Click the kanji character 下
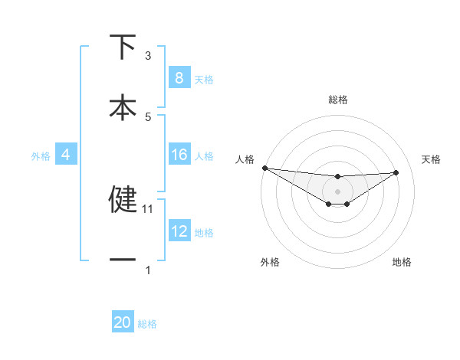pos(123,47)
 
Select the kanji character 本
pos(123,107)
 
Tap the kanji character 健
pos(123,198)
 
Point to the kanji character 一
pos(123,260)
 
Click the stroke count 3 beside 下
pos(148,56)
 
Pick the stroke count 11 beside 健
pos(149,208)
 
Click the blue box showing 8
pos(179,78)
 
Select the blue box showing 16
pos(179,155)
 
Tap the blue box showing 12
pos(179,231)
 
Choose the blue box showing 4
pos(65,155)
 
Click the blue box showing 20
pos(123,323)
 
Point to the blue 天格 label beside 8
pos(204,79)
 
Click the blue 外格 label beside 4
pos(41,156)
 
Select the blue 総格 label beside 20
pos(147,324)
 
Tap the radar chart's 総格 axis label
pos(338,100)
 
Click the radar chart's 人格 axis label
pos(245,159)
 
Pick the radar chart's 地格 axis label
pos(402,262)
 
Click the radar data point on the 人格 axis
pos(264,168)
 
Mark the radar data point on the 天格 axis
pos(396,172)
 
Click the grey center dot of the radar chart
pos(338,191)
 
